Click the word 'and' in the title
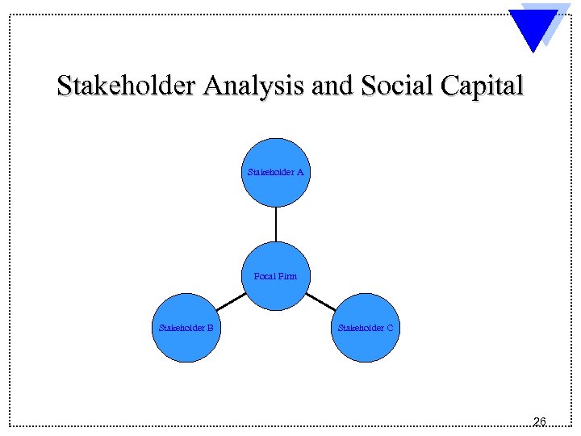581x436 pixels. [331, 86]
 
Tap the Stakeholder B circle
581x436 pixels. [186, 328]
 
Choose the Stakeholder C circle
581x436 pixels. [366, 328]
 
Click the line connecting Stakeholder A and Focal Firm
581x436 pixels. [276, 224]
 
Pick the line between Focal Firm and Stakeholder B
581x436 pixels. [231, 300]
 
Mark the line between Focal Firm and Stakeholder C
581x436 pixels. [321, 300]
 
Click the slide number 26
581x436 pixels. [540, 421]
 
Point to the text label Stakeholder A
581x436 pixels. [276, 172]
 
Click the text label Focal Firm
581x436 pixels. [276, 276]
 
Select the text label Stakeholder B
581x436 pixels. [186, 328]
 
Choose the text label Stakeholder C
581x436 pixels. [366, 328]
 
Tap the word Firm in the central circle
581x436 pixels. [287, 276]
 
